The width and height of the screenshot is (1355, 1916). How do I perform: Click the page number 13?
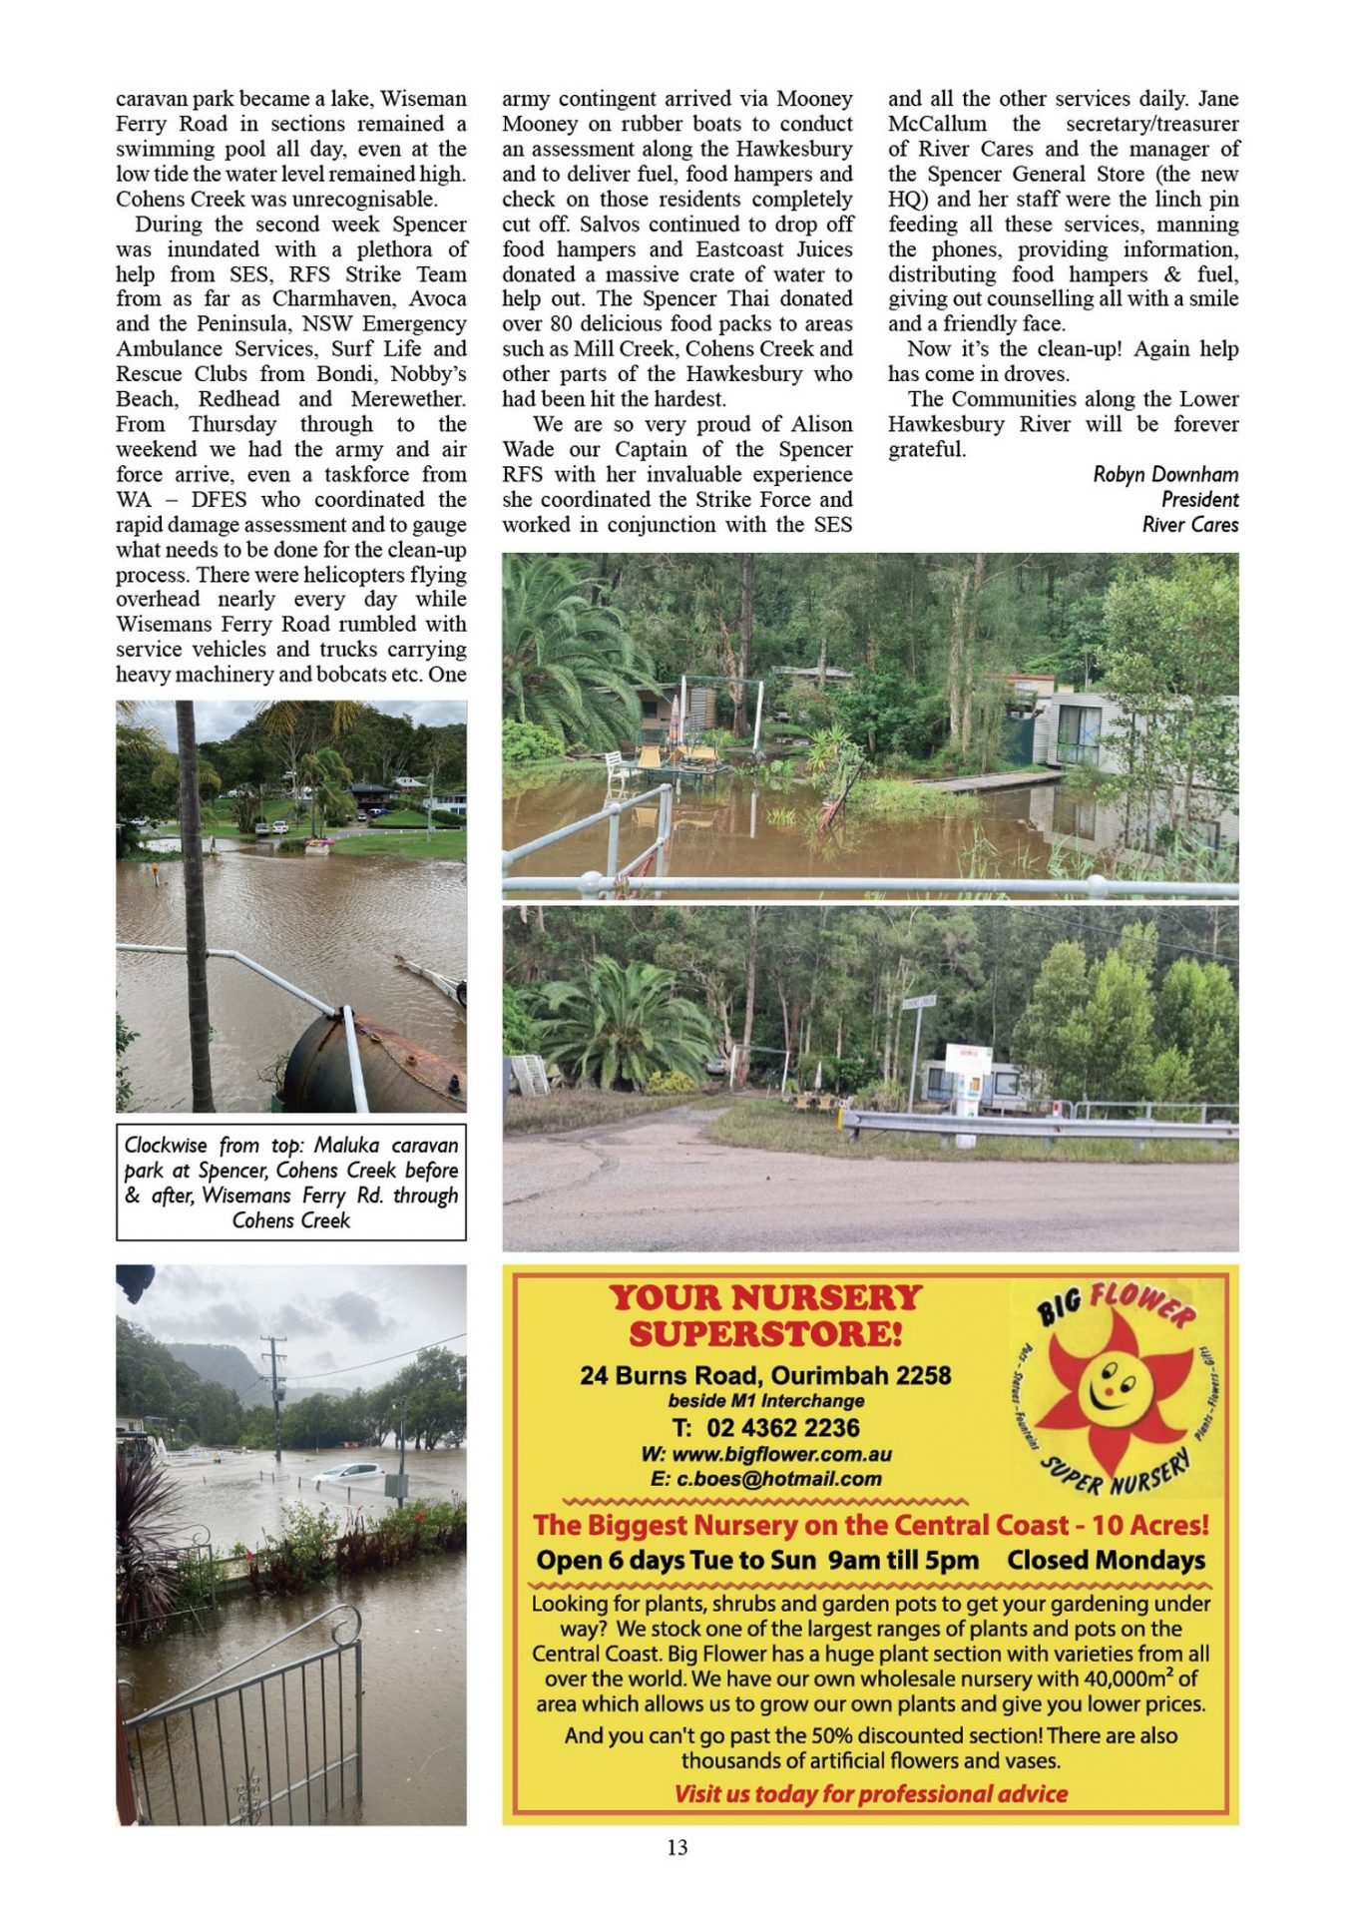677,1847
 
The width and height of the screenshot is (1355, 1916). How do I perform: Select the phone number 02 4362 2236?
765,1427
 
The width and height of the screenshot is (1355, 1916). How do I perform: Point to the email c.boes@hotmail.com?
765,1479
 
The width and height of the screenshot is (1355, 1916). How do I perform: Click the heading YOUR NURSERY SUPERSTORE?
765,1315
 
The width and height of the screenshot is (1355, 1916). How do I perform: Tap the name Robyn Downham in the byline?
1164,474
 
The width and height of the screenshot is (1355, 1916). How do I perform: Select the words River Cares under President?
1189,524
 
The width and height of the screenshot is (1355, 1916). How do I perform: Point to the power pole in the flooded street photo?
274,1397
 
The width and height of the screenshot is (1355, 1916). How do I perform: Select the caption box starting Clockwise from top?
290,1183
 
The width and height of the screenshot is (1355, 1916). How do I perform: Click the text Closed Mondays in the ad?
1106,1560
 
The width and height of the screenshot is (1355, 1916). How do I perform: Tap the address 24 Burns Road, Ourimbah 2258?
765,1375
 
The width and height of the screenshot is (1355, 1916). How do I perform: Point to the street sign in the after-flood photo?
918,1002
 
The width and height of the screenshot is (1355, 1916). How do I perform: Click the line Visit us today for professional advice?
870,1793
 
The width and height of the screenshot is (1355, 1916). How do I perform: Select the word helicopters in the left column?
358,574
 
